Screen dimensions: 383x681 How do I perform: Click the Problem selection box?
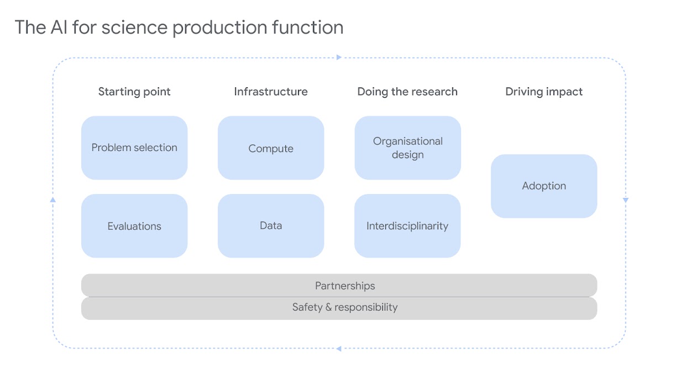click(x=134, y=148)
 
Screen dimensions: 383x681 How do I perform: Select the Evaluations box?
click(x=134, y=225)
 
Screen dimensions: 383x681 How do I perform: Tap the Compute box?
click(x=271, y=148)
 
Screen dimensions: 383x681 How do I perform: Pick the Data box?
click(x=271, y=225)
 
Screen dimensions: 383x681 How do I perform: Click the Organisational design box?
click(x=407, y=148)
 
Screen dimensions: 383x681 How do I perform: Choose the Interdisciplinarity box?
click(x=407, y=225)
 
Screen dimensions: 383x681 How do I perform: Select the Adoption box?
click(x=544, y=186)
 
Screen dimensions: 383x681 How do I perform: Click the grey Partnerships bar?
click(x=339, y=285)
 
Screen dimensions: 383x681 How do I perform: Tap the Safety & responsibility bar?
click(x=339, y=308)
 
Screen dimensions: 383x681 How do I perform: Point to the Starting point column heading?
click(x=134, y=92)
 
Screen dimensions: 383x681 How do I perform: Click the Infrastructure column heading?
click(x=271, y=92)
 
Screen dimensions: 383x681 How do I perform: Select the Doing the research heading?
click(x=407, y=92)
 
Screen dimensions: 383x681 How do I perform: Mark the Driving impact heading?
click(x=544, y=92)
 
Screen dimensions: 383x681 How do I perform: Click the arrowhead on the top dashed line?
click(x=339, y=57)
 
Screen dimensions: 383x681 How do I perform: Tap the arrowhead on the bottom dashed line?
click(x=338, y=348)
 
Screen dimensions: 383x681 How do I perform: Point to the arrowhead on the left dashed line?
click(x=53, y=200)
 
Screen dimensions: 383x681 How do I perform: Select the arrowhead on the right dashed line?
click(x=626, y=200)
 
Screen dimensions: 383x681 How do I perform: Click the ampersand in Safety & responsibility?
click(x=328, y=307)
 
